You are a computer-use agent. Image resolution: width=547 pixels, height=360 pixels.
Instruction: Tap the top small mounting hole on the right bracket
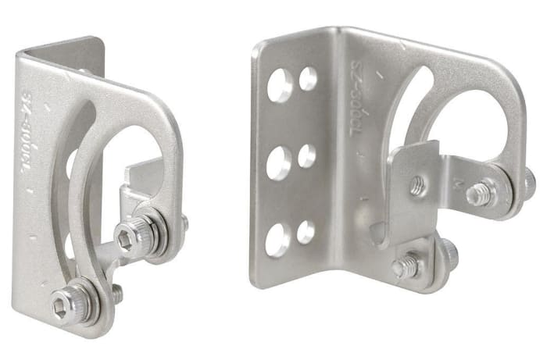click(309, 78)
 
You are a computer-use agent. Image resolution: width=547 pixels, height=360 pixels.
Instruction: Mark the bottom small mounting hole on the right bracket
click(306, 232)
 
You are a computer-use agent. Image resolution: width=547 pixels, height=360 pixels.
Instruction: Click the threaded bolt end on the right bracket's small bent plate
click(417, 186)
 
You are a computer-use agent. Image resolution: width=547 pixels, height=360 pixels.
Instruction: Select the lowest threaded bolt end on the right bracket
click(405, 266)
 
